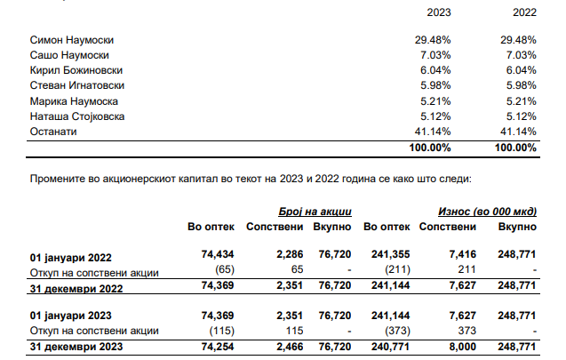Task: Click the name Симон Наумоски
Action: pos(71,40)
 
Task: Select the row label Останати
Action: pos(53,132)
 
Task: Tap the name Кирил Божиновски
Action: pos(76,70)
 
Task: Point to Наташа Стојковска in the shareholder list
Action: pos(77,116)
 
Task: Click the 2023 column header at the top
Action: pos(439,12)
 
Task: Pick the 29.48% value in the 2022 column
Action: pos(518,40)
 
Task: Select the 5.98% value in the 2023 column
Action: pos(435,85)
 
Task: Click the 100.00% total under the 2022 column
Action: pos(515,148)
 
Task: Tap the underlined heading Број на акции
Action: pos(315,212)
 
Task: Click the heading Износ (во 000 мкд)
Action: pos(487,212)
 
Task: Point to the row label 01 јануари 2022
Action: pos(71,258)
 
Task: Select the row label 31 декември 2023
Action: pos(76,347)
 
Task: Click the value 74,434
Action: pos(218,254)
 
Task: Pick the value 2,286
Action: pos(290,254)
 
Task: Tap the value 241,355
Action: pos(391,254)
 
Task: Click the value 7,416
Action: pos(463,254)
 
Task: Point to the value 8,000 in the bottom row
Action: pos(462,347)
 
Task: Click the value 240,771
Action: pos(391,347)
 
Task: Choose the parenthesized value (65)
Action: pos(225,269)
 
